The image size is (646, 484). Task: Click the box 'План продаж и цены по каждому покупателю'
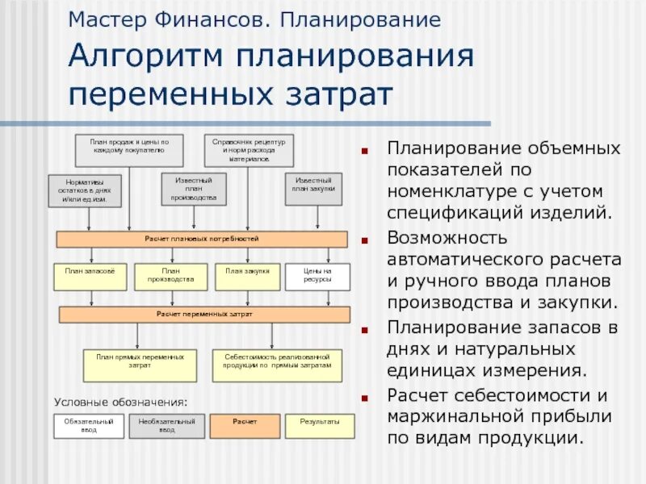pyautogui.click(x=129, y=150)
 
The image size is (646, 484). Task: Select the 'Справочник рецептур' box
pyautogui.click(x=248, y=150)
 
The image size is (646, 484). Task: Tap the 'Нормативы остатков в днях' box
pyautogui.click(x=85, y=190)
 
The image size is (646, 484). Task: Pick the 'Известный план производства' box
pyautogui.click(x=193, y=189)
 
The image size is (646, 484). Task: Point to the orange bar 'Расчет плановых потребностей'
pyautogui.click(x=202, y=240)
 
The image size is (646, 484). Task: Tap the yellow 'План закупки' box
pyautogui.click(x=247, y=277)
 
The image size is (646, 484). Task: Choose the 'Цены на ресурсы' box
pyautogui.click(x=317, y=277)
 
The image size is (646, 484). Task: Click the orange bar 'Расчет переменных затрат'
pyautogui.click(x=204, y=314)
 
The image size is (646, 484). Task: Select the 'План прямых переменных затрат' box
pyautogui.click(x=140, y=365)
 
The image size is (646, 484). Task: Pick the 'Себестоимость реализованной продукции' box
pyautogui.click(x=277, y=365)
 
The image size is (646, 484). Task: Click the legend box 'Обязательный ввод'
pyautogui.click(x=89, y=426)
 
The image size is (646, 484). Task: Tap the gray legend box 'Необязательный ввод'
pyautogui.click(x=166, y=426)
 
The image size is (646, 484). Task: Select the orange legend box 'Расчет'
pyautogui.click(x=245, y=426)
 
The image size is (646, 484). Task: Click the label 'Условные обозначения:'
pyautogui.click(x=120, y=400)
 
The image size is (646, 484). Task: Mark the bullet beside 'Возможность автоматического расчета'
pyautogui.click(x=367, y=240)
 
